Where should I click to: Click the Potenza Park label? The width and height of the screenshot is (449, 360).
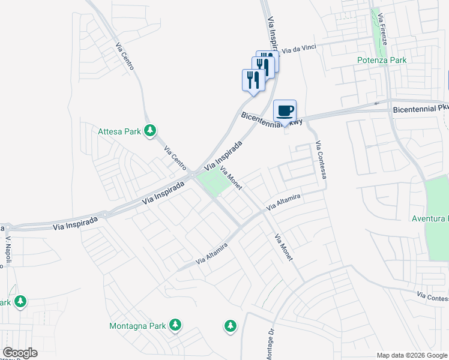point(382,60)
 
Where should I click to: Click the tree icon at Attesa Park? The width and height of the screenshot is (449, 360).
point(151,131)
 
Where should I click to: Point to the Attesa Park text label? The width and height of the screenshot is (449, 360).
point(120,131)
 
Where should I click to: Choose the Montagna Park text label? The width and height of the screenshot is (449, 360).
point(137,326)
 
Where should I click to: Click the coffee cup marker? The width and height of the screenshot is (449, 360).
point(285,111)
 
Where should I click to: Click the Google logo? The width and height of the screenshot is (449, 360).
point(20,353)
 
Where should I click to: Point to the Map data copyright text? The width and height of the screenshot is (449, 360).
point(412,355)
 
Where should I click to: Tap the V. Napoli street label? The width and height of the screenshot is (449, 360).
point(9,247)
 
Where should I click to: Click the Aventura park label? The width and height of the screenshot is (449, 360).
point(430,218)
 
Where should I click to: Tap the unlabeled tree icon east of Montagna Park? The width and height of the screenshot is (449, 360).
point(230,326)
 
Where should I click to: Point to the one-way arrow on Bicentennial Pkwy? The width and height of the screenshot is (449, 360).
point(376,103)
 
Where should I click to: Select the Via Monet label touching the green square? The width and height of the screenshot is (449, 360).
point(231,178)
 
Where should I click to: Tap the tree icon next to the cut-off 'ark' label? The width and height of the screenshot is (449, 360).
point(21,301)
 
